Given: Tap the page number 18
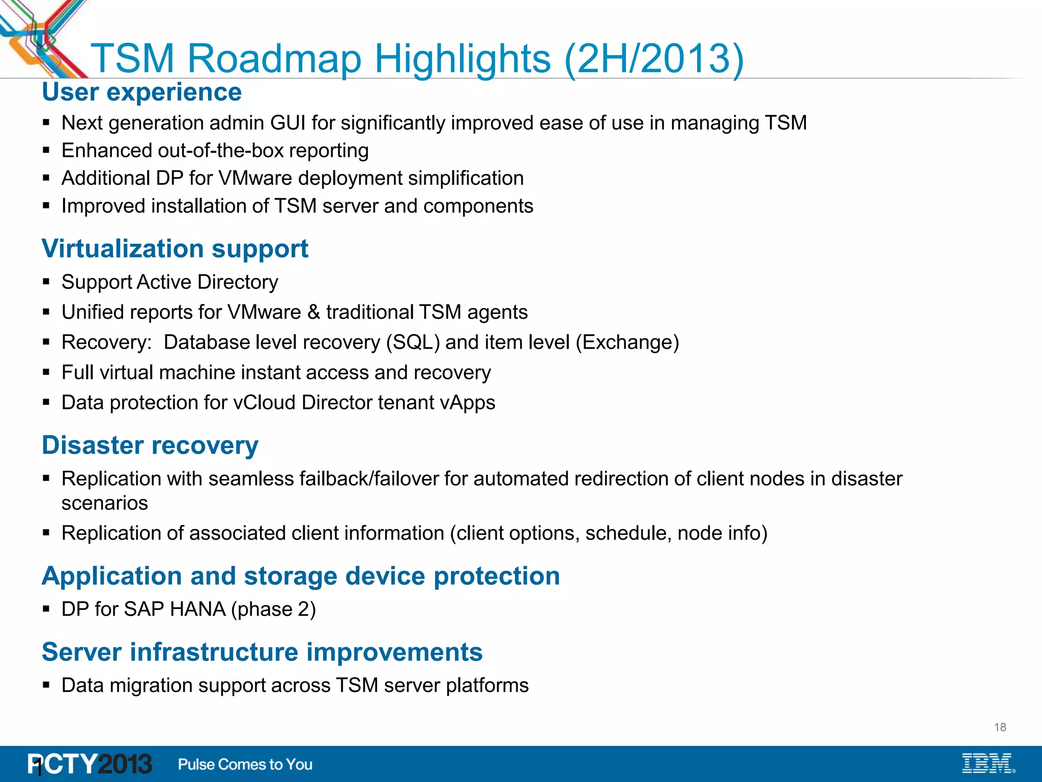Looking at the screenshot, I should (1000, 727).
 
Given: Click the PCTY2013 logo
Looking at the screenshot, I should (90, 764).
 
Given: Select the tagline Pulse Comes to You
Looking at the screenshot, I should (245, 764).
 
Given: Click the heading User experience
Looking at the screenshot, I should (141, 92).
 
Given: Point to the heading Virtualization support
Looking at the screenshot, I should (175, 249).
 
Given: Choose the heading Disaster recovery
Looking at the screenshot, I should (150, 445).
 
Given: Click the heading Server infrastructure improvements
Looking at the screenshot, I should (262, 652).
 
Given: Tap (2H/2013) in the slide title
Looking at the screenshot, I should (654, 59).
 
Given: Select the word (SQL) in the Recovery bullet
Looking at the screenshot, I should (413, 343).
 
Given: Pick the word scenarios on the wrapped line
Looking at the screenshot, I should (104, 504).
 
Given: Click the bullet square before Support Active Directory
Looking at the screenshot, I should (46, 282).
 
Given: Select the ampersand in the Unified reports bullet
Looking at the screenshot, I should (313, 312).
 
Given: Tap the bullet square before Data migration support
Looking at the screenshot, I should (46, 685).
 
